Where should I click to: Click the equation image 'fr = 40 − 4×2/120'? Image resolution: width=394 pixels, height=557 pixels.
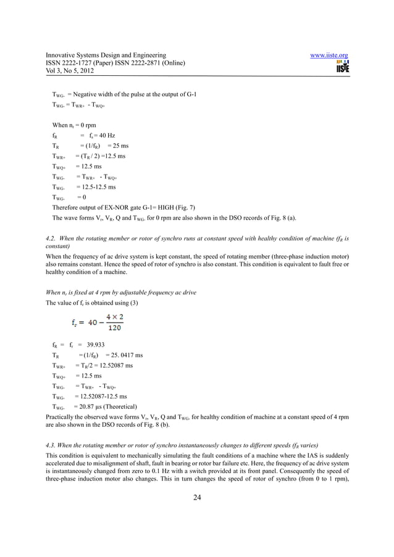93,324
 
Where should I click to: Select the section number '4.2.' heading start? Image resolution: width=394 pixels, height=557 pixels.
52,237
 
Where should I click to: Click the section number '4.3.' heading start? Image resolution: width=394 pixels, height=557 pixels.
52,444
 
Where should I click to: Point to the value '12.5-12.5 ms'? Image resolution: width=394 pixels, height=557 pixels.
95,186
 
